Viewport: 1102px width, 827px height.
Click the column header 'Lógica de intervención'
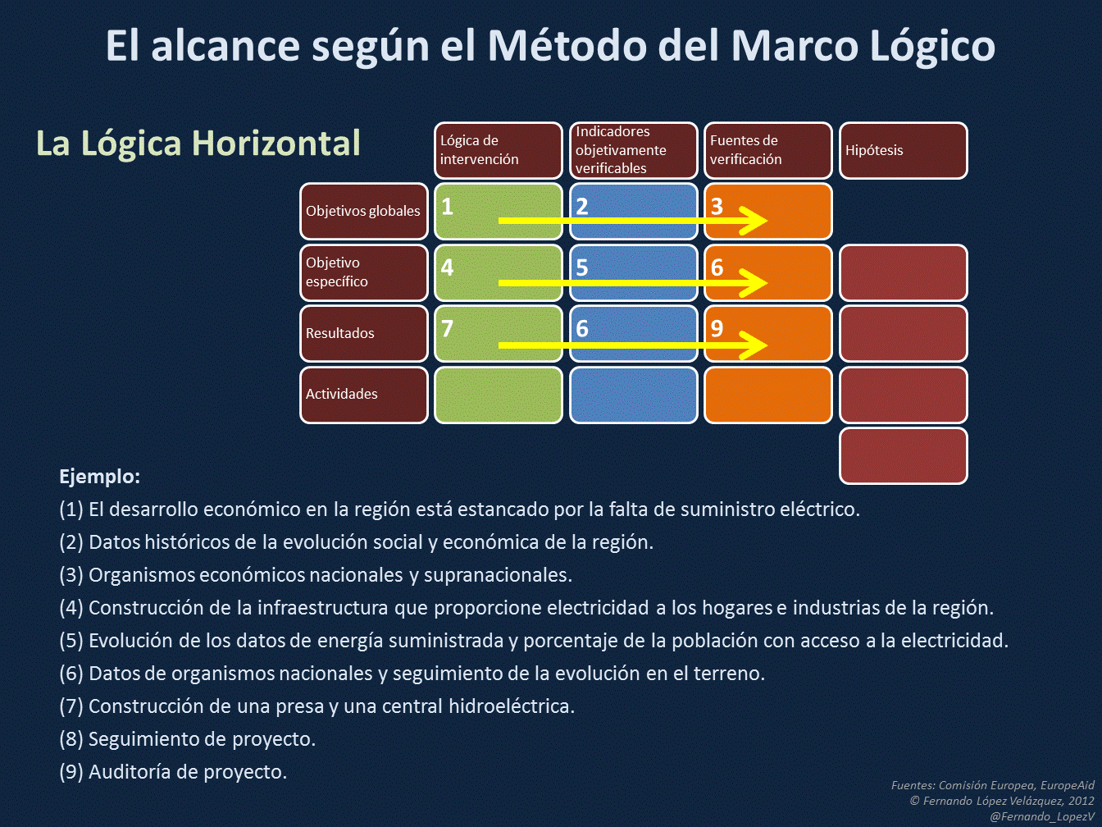click(x=498, y=150)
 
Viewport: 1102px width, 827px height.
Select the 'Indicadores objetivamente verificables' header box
click(x=633, y=150)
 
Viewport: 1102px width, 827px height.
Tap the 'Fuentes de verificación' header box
click(x=767, y=150)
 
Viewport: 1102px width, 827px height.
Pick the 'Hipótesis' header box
click(x=903, y=150)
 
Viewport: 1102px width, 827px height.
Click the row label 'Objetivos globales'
click(x=363, y=211)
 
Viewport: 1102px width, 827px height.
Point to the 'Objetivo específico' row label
click(x=363, y=272)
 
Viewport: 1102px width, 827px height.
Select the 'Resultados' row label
click(x=363, y=333)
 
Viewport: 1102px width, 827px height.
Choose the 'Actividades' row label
click(x=363, y=395)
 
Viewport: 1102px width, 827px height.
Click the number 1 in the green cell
click(x=448, y=206)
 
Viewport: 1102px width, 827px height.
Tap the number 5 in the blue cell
click(x=582, y=267)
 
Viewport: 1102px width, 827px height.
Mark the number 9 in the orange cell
click(x=717, y=328)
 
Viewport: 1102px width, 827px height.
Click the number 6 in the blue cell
click(x=582, y=328)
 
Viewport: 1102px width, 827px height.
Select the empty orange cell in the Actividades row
click(x=767, y=395)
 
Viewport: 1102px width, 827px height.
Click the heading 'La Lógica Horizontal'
click(x=198, y=144)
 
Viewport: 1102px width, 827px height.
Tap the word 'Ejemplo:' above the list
click(x=99, y=477)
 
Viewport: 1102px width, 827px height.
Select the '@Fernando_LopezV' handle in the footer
click(x=1041, y=816)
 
